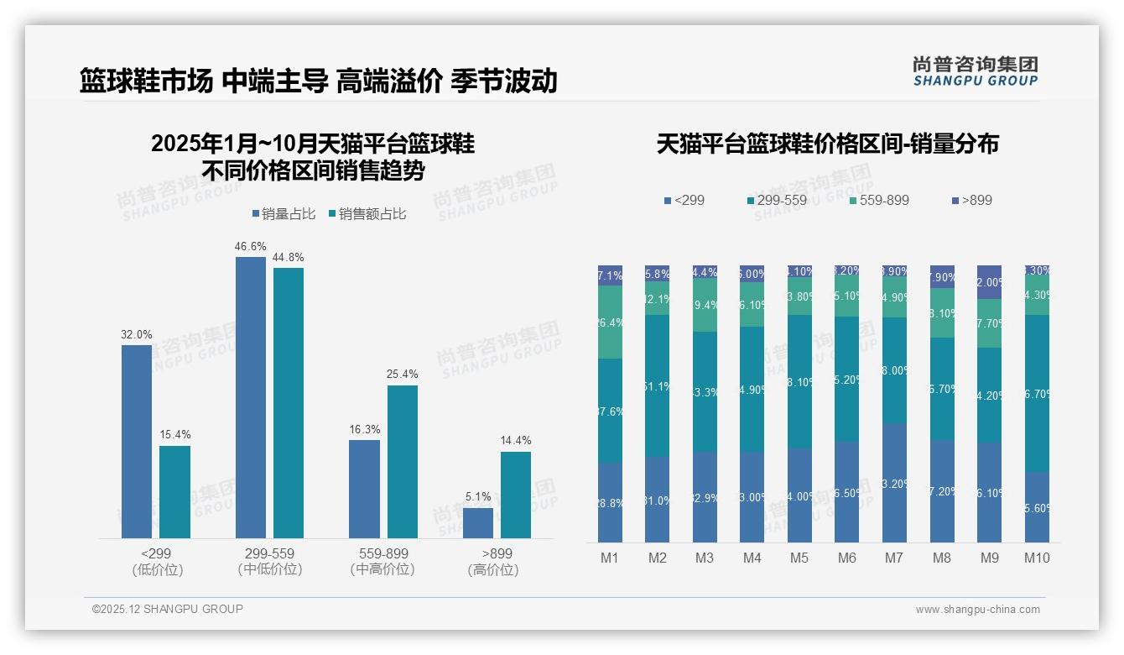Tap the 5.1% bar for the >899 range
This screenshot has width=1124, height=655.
[478, 522]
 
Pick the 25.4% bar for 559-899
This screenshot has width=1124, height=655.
[403, 461]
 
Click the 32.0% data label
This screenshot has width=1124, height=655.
[137, 334]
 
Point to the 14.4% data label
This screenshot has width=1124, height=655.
[516, 441]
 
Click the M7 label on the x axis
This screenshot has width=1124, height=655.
[894, 558]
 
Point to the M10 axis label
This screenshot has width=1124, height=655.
[1037, 558]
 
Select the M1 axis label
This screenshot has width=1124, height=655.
[610, 558]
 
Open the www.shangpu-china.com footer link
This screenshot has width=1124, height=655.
[977, 610]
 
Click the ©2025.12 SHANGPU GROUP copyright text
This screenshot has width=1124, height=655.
[168, 609]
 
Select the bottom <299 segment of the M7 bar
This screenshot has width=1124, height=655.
[894, 483]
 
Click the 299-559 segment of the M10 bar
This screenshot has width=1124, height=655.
[1037, 393]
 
